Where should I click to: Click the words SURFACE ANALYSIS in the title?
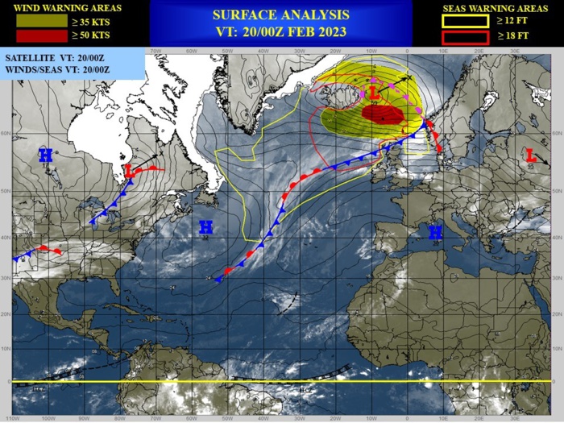point(281,15)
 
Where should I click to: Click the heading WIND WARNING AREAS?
point(64,9)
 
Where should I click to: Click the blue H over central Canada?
point(45,155)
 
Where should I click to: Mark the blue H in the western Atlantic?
point(205,227)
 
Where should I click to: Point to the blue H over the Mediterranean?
point(435,233)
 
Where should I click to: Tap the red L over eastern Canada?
point(129,172)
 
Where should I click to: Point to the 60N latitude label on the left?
point(6,134)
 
